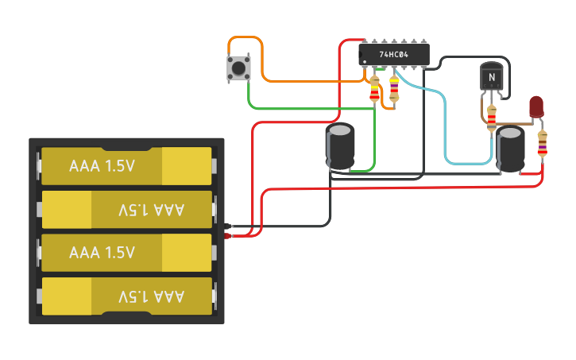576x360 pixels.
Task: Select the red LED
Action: pos(536,106)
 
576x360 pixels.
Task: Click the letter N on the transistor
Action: pos(492,77)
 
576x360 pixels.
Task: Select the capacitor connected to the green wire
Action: pos(341,145)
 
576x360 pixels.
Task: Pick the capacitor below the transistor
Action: pos(510,149)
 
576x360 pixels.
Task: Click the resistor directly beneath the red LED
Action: pos(543,144)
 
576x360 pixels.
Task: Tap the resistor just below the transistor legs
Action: pos(492,116)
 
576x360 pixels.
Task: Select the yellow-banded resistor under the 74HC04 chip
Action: pos(394,90)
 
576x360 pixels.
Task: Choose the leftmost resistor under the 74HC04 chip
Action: pos(375,89)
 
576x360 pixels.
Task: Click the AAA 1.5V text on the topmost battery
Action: pos(102,166)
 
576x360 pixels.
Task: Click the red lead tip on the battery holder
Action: pos(228,236)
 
